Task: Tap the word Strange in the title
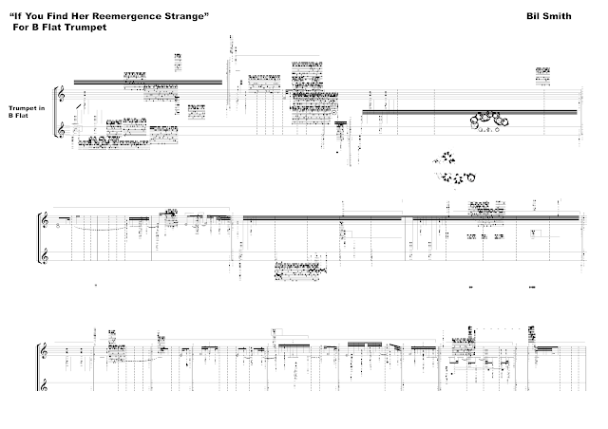point(184,17)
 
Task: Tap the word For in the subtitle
point(21,28)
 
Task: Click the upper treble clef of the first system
point(62,95)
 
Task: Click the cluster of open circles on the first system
point(490,120)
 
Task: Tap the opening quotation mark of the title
point(22,16)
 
